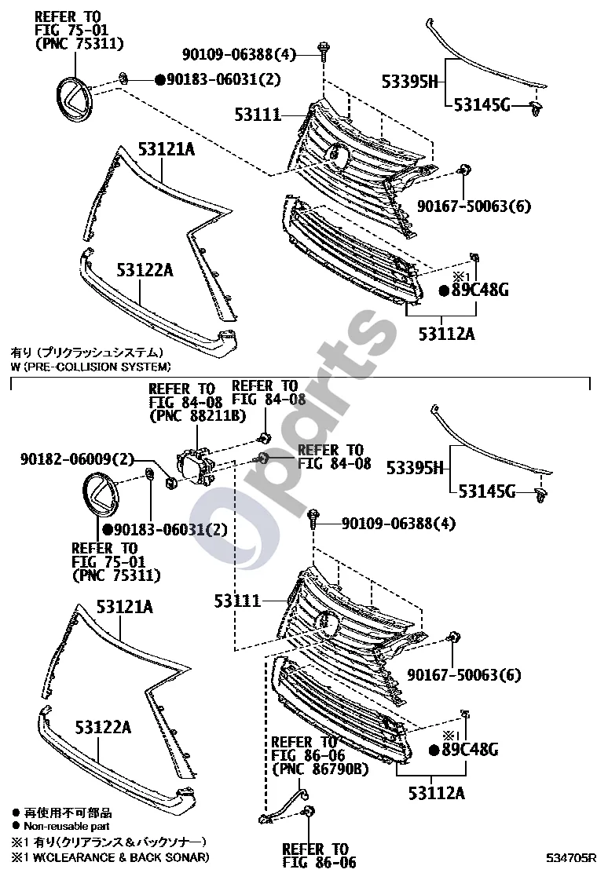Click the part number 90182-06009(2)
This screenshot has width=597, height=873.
pyautogui.click(x=78, y=459)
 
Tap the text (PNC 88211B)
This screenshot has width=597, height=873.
pyautogui.click(x=198, y=415)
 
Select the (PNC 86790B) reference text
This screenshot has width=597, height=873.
pyautogui.click(x=320, y=769)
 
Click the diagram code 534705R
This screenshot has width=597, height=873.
pyautogui.click(x=571, y=858)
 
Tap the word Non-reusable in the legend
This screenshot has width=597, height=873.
pyautogui.click(x=54, y=826)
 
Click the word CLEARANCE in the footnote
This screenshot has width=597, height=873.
pyautogui.click(x=82, y=857)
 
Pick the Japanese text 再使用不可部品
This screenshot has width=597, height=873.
pyautogui.click(x=68, y=813)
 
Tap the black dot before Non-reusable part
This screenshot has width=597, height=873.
pyautogui.click(x=16, y=826)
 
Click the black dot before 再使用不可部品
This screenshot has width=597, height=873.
pyautogui.click(x=16, y=813)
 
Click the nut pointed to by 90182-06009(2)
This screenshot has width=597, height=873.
pyautogui.click(x=170, y=483)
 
